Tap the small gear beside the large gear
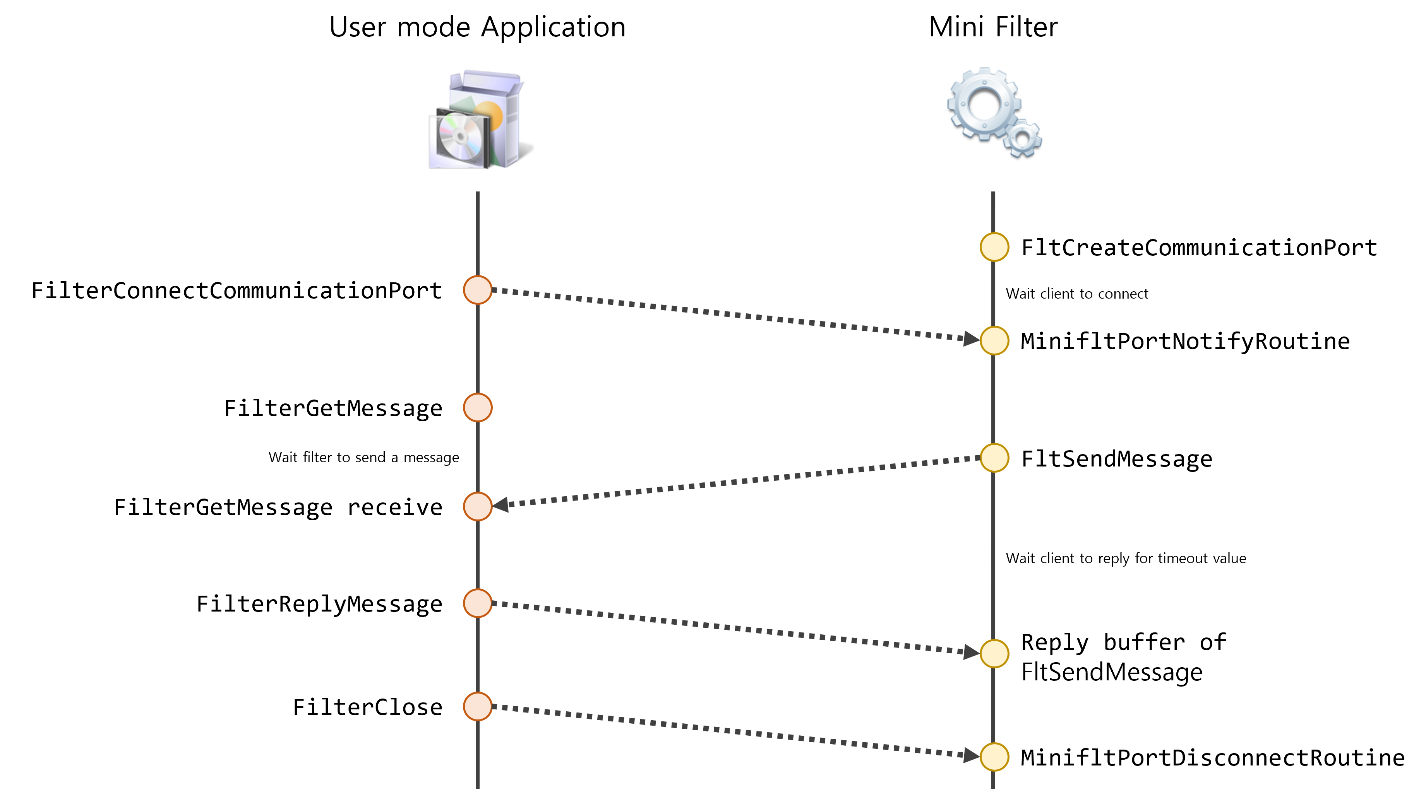pos(1022,138)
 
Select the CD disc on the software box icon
pos(460,135)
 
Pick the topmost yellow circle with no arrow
pos(994,247)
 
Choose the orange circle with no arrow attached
pos(478,408)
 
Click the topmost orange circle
pos(478,290)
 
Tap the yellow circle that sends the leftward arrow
pos(994,458)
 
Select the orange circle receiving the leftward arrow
pos(478,507)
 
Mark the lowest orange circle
pos(478,706)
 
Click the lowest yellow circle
pos(994,757)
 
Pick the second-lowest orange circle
pos(478,603)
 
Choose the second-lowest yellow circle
pos(994,654)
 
